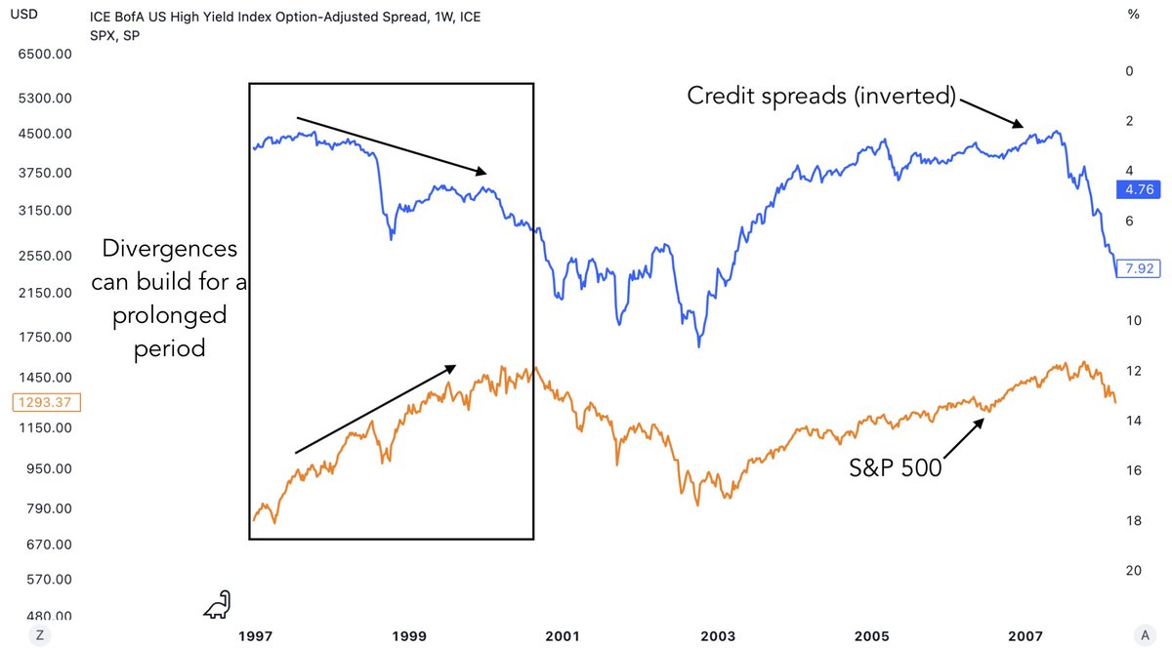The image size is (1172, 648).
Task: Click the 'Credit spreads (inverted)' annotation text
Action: (821, 96)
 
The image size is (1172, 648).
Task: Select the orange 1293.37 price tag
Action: (47, 401)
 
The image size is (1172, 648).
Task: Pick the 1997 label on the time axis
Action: (255, 635)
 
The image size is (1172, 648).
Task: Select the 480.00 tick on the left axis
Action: (47, 616)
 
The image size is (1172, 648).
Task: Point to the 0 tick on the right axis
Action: (1130, 71)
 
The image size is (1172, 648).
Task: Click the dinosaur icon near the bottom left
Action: (218, 604)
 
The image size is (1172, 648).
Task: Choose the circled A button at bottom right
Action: (1132, 634)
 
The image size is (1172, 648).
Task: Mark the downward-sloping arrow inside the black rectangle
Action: (391, 145)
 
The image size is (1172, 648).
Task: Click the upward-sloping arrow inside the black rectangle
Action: (375, 409)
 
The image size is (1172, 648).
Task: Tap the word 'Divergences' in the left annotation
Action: (170, 250)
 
